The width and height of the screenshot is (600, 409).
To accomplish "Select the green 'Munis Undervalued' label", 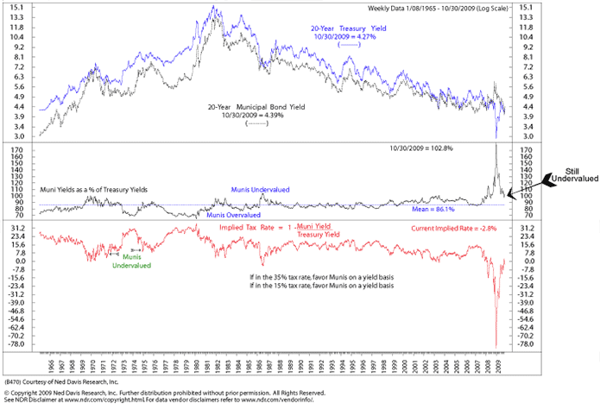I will point(131,261).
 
